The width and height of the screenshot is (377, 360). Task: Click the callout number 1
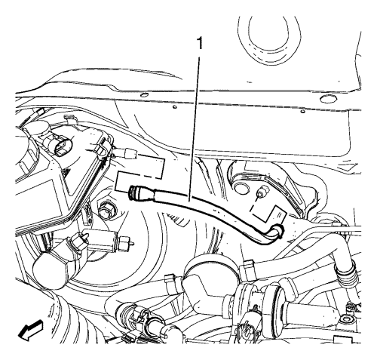[x=200, y=44]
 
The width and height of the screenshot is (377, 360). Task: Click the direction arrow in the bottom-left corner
[x=31, y=331]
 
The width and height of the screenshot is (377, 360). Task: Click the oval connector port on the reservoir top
[x=63, y=147]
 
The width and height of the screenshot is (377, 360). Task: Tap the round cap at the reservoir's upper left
[x=38, y=129]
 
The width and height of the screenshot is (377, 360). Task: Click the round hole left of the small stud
[x=241, y=187]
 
